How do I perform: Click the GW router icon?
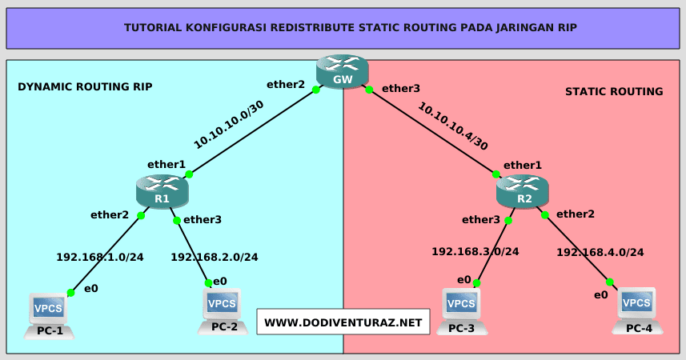tap(343, 70)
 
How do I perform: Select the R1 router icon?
tap(162, 192)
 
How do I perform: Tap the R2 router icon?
tap(523, 192)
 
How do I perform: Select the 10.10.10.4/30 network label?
tap(453, 126)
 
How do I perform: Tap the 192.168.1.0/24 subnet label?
tap(100, 258)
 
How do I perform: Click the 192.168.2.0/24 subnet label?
tap(215, 258)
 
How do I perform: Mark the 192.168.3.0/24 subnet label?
tap(475, 251)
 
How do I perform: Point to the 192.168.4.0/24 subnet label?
tap(600, 252)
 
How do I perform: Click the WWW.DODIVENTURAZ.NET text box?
tap(343, 322)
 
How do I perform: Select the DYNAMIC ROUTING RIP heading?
tap(85, 86)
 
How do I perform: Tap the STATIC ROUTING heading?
tap(614, 91)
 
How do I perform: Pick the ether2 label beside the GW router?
tap(287, 84)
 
